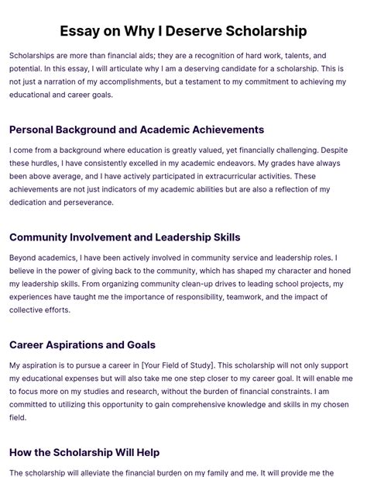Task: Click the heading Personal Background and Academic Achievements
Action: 136,130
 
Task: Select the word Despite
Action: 333,150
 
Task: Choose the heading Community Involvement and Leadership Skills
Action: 125,237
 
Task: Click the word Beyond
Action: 24,258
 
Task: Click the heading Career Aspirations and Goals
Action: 82,344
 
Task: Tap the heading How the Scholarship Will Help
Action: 84,452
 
